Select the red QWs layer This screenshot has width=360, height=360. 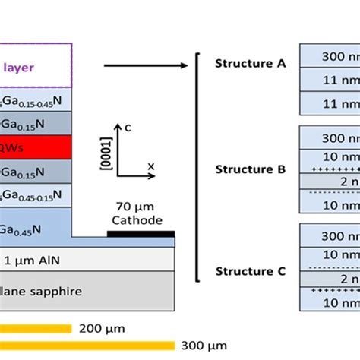click(35, 146)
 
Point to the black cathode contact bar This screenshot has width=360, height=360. click(141, 234)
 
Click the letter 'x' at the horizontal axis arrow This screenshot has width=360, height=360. click(150, 165)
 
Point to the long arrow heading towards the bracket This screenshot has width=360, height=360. click(144, 65)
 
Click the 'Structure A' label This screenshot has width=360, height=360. click(250, 64)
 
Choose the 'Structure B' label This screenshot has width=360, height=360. click(250, 169)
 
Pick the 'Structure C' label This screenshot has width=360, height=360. click(250, 271)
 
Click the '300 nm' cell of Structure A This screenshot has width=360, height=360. click(330, 56)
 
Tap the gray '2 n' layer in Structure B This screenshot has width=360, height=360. click(330, 181)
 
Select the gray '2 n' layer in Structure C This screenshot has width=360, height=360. click(330, 280)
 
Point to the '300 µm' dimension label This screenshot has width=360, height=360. click(205, 346)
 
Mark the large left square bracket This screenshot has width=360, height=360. click(199, 167)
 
